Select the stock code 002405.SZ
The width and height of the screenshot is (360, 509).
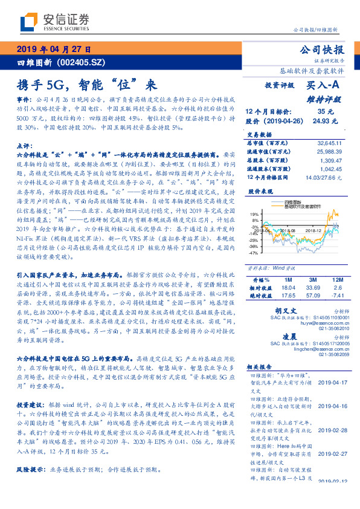point(89,62)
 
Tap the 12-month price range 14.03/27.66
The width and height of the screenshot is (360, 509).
point(329,179)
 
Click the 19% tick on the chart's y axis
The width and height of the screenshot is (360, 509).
point(255,215)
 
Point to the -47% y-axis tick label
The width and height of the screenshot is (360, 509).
point(254,253)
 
